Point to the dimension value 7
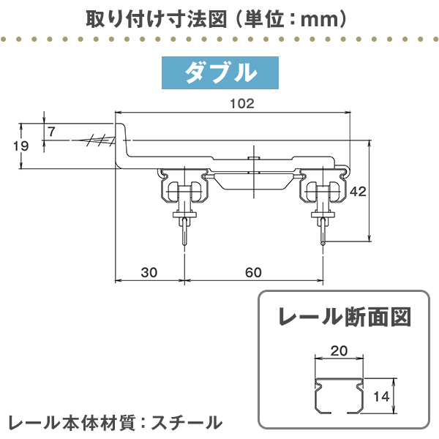(51, 132)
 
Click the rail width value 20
(339, 351)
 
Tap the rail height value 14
(380, 397)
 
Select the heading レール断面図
(343, 317)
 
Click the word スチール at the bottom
(188, 422)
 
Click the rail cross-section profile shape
(339, 395)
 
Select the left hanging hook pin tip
(184, 245)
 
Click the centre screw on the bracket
(252, 160)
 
